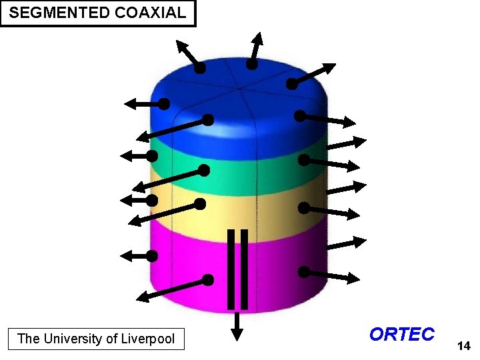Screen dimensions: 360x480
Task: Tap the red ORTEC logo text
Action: pos(401,334)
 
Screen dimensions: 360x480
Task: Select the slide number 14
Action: pos(463,346)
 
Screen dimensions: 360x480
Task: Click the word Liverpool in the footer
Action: pos(148,339)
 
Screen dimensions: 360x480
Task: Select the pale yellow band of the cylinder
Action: pos(253,213)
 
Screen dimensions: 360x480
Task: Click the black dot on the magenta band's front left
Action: pos(208,280)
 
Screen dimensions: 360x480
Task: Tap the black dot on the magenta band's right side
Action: pos(303,272)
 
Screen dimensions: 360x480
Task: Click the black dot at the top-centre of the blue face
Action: pos(251,65)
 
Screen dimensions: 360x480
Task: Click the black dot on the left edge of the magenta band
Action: pos(152,255)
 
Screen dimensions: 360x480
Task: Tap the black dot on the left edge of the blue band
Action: pos(164,104)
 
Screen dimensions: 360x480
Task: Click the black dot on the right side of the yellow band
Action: pos(303,208)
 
